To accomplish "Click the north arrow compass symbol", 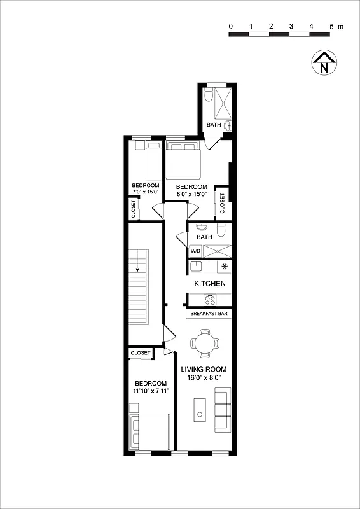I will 324,62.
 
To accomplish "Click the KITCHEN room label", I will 209,283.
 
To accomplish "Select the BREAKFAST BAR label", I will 209,314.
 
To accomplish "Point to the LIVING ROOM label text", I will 204,369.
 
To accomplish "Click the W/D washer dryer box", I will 195,251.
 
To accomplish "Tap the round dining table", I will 205,344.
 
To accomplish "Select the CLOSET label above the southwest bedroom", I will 141,352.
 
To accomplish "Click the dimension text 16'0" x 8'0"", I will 204,378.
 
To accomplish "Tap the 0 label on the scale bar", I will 230,26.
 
